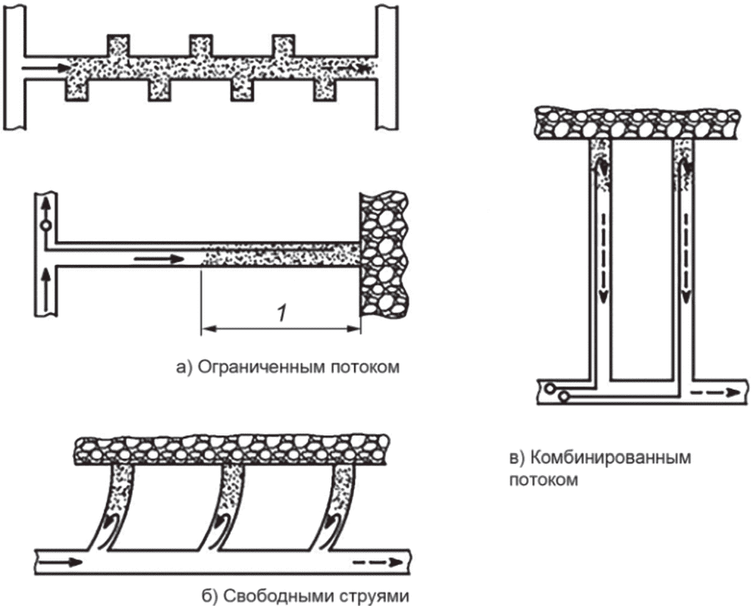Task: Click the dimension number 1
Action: coord(281,313)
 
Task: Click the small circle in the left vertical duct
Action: coord(46,225)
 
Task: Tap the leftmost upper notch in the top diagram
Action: coord(118,46)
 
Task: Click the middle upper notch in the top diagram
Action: coord(201,46)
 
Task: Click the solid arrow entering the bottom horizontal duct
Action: coord(60,562)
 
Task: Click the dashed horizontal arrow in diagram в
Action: coord(715,392)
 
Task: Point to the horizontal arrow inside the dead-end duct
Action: coord(159,260)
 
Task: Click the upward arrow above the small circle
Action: coord(46,207)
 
